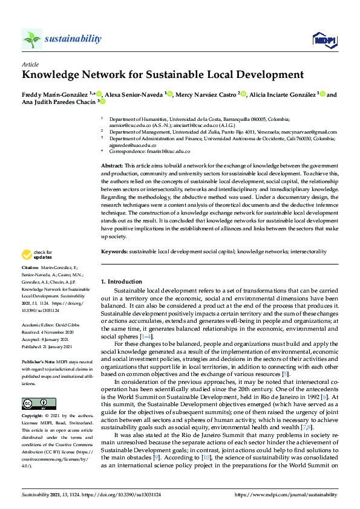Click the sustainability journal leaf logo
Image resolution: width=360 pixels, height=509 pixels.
32,39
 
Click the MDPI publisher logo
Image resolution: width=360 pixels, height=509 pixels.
324,39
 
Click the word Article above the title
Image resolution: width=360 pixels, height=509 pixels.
30,63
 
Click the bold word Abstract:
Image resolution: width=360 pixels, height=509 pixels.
112,165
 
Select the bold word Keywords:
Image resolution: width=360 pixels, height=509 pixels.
114,251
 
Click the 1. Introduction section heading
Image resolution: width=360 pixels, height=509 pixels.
122,282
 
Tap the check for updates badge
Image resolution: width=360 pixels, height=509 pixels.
38,254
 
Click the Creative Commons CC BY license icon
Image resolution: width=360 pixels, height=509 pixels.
35,387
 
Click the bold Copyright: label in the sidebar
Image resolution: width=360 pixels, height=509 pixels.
33,400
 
